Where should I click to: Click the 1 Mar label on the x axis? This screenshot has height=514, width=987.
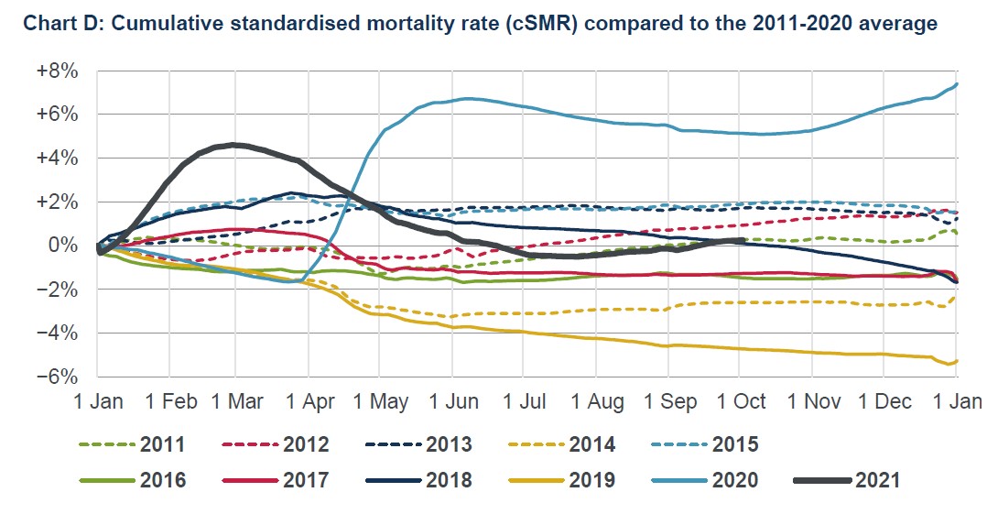tap(238, 403)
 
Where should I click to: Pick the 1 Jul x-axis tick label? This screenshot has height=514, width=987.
tap(524, 403)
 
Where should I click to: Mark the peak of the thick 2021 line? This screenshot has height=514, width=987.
tap(236, 145)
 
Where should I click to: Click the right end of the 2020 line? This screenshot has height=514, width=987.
tap(957, 84)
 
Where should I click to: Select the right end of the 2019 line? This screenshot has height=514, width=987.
tap(957, 360)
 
